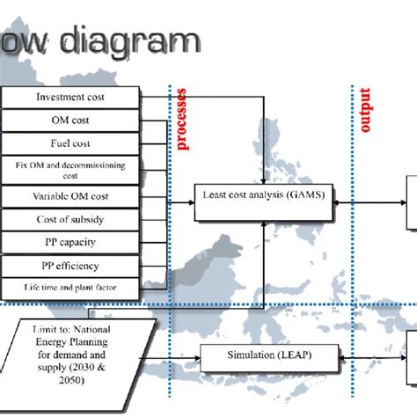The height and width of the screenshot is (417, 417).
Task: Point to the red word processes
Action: pos(182,119)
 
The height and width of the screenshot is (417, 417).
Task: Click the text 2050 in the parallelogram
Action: pos(80,381)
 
